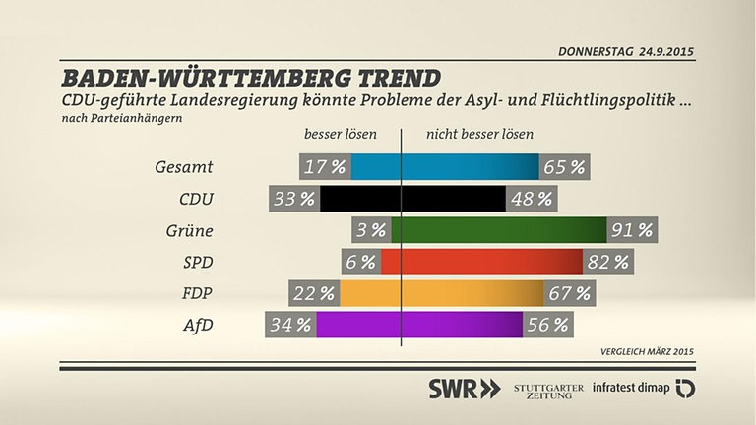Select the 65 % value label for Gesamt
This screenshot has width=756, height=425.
564,167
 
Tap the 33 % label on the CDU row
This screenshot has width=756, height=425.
294,199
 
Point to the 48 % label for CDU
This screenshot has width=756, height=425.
530,199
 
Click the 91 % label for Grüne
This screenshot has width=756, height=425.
632,230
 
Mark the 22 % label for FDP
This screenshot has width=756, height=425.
314,293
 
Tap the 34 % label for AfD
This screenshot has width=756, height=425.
290,324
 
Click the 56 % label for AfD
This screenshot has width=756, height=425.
548,324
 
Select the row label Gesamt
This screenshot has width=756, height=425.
184,167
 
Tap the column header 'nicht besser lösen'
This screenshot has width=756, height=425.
479,135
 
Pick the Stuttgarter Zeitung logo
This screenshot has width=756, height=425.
548,388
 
